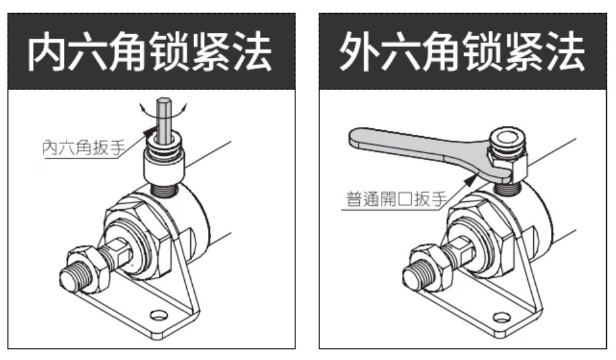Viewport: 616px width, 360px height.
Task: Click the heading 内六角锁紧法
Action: click(x=149, y=51)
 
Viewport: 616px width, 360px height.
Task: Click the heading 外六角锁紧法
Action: click(x=463, y=51)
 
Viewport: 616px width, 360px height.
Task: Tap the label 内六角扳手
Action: click(x=84, y=147)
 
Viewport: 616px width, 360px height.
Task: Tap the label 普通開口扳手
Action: click(x=397, y=199)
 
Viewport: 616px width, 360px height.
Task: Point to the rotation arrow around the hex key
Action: click(x=163, y=111)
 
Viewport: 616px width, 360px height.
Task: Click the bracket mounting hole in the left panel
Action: click(x=159, y=315)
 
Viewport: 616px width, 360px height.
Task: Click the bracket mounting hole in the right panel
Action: click(x=501, y=317)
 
